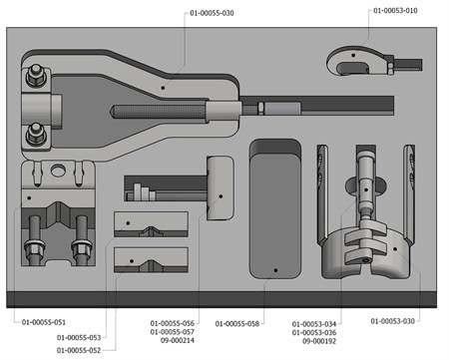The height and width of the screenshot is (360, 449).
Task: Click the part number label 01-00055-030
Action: pyautogui.click(x=212, y=13)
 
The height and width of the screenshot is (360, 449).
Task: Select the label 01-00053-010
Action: pyautogui.click(x=395, y=11)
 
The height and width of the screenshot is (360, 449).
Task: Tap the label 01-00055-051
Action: pyautogui.click(x=44, y=322)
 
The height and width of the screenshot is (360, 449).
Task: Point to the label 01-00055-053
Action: pyautogui.click(x=79, y=337)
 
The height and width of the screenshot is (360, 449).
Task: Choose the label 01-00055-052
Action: pyautogui.click(x=79, y=350)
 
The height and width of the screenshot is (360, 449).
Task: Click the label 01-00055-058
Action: pyautogui.click(x=237, y=323)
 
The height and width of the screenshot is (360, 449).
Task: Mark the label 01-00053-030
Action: pyautogui.click(x=393, y=321)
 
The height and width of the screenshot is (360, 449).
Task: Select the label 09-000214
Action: pyautogui.click(x=178, y=340)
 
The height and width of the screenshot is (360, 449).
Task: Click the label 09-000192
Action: pyautogui.click(x=319, y=341)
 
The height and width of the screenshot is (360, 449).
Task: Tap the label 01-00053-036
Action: pyautogui.click(x=314, y=332)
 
